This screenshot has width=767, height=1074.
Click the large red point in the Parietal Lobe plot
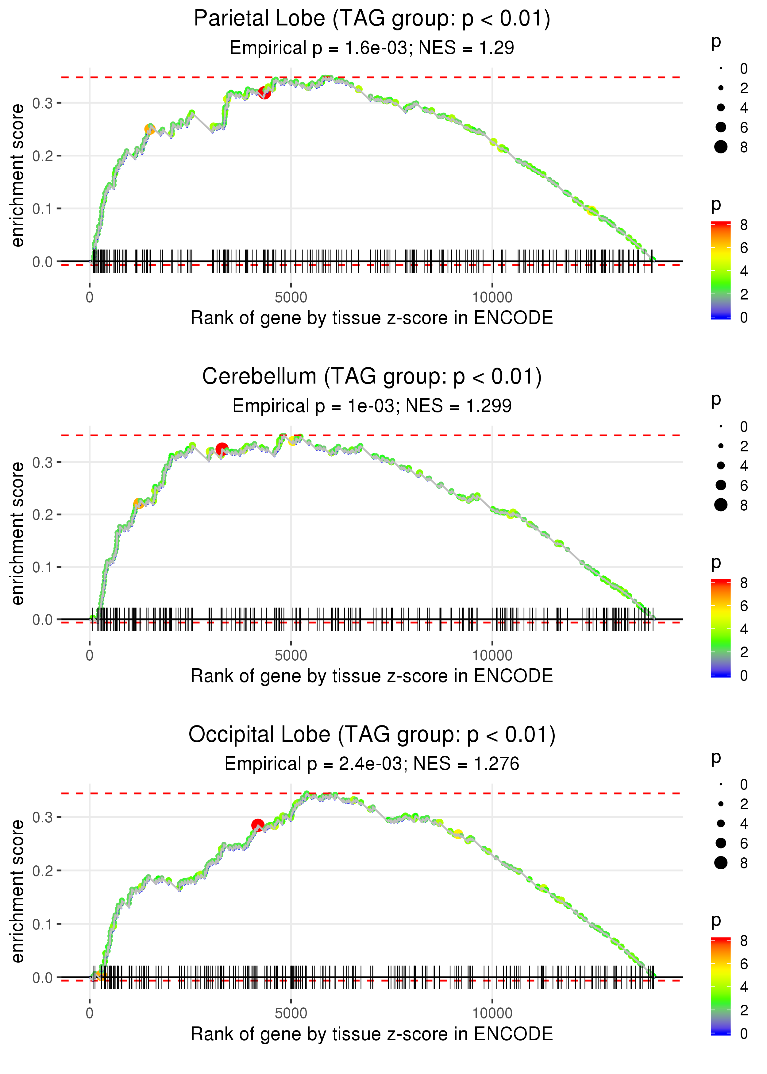pos(264,93)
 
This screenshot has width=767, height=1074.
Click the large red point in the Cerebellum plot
pos(222,449)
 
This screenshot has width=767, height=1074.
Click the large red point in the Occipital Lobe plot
pos(257,825)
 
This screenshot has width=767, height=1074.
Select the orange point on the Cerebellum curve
pos(138,504)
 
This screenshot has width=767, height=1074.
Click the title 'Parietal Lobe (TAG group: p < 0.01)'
pos(372,19)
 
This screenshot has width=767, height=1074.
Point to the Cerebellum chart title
pos(372,377)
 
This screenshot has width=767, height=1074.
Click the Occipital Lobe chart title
pos(372,734)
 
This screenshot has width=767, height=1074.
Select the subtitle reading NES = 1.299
pos(372,406)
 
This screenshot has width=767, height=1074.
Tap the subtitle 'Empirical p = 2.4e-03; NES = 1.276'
pos(372,764)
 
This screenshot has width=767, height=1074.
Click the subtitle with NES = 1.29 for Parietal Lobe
pos(372,48)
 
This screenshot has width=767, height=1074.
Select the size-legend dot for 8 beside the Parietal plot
pos(721,147)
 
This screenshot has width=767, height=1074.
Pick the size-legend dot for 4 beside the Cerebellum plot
pos(721,466)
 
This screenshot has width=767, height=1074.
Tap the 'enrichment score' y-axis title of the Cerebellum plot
pos(17,533)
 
